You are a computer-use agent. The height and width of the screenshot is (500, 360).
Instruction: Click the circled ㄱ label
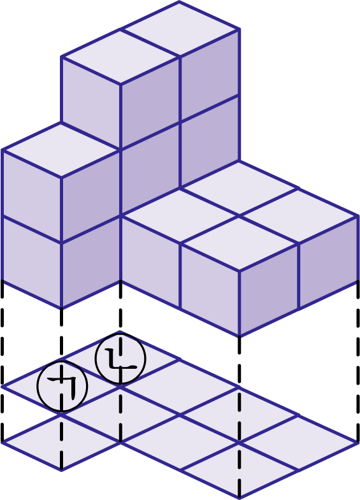[x=62, y=386]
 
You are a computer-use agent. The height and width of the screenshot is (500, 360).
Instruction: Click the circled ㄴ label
[x=120, y=358]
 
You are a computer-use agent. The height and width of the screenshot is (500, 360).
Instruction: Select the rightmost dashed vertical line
[x=357, y=362]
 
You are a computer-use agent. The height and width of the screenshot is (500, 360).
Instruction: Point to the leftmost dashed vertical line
[x=3, y=361]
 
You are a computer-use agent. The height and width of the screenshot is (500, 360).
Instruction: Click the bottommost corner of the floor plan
[x=240, y=497]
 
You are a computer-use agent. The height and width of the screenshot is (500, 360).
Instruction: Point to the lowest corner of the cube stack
[x=240, y=336]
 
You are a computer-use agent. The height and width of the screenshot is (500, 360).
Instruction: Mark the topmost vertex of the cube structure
[x=180, y=1]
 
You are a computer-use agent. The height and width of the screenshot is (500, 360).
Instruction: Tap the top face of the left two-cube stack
[x=61, y=150]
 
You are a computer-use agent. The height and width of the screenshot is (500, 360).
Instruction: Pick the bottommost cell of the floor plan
[x=240, y=470]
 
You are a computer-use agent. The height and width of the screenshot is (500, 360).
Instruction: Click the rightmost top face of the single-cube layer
[x=298, y=216]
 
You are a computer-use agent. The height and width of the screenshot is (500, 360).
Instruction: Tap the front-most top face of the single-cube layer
[x=240, y=243]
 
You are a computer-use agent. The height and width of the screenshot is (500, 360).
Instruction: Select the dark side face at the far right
[x=328, y=262]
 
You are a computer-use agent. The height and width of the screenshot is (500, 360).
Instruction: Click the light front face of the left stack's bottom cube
[x=32, y=262]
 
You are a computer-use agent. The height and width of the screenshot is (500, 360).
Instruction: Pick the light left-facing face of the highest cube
[x=91, y=103]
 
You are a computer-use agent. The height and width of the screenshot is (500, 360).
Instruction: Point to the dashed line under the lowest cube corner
[x=240, y=417]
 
